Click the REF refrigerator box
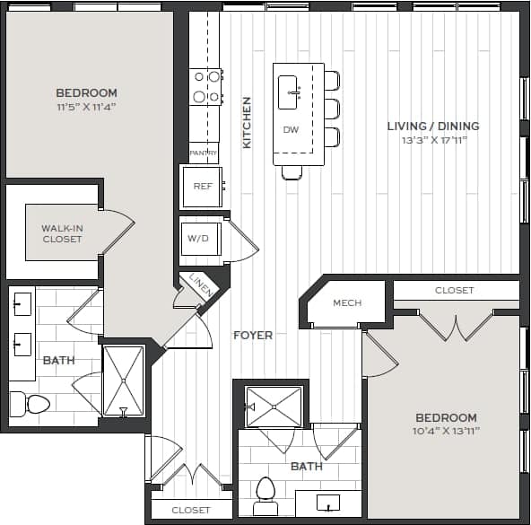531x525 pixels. coord(201,187)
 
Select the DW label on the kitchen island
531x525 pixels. coord(291,130)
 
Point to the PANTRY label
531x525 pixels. coord(204,153)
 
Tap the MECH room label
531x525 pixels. coord(347,303)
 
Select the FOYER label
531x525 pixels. coord(253,336)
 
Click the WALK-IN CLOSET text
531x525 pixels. coord(62,234)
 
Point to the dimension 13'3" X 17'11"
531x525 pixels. coord(433,140)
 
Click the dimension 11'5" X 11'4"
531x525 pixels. coord(87,107)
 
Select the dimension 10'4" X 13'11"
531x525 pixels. coord(446,432)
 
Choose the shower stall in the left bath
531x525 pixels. coord(123,381)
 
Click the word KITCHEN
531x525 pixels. coord(247,122)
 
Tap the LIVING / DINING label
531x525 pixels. coord(433,127)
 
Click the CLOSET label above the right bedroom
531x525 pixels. coord(454,291)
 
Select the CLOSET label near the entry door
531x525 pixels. coord(191,510)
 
